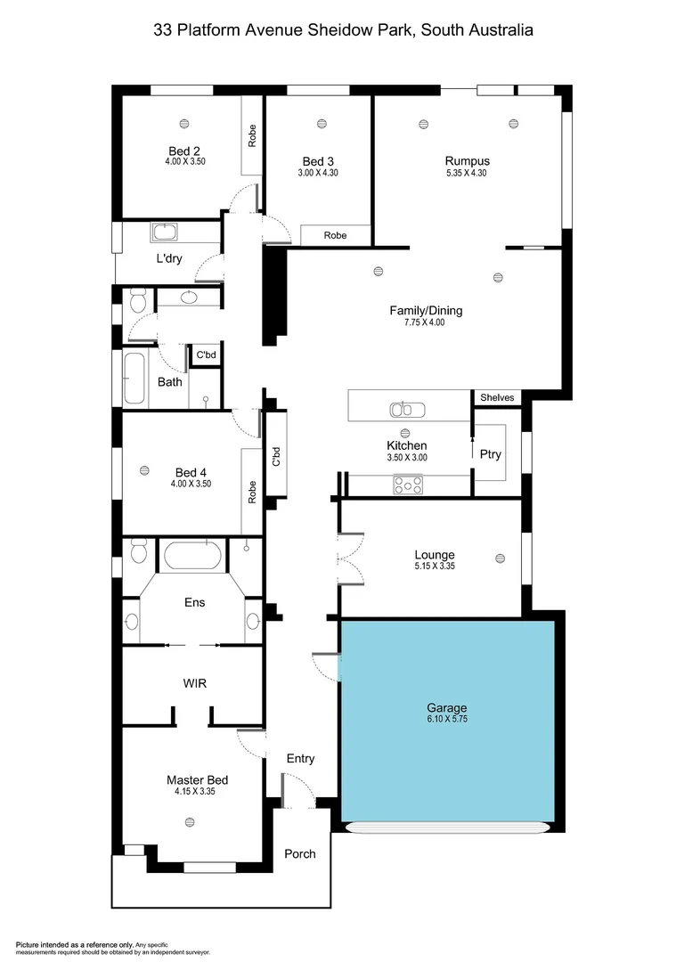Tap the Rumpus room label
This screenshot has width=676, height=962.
tap(468, 161)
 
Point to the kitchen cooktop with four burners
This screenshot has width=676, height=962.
tap(409, 485)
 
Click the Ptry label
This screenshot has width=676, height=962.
tap(490, 454)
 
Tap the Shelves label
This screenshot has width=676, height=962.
tap(497, 397)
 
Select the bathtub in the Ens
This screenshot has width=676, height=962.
tap(191, 557)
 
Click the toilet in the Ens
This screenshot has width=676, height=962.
tap(137, 553)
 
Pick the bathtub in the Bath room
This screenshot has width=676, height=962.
tap(134, 379)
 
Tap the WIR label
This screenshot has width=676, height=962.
tap(194, 683)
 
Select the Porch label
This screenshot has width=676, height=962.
tap(299, 853)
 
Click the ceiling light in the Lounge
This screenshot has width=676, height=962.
tap(499, 558)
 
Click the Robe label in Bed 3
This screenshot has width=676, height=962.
tap(335, 236)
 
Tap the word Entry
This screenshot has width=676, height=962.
tap(300, 758)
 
